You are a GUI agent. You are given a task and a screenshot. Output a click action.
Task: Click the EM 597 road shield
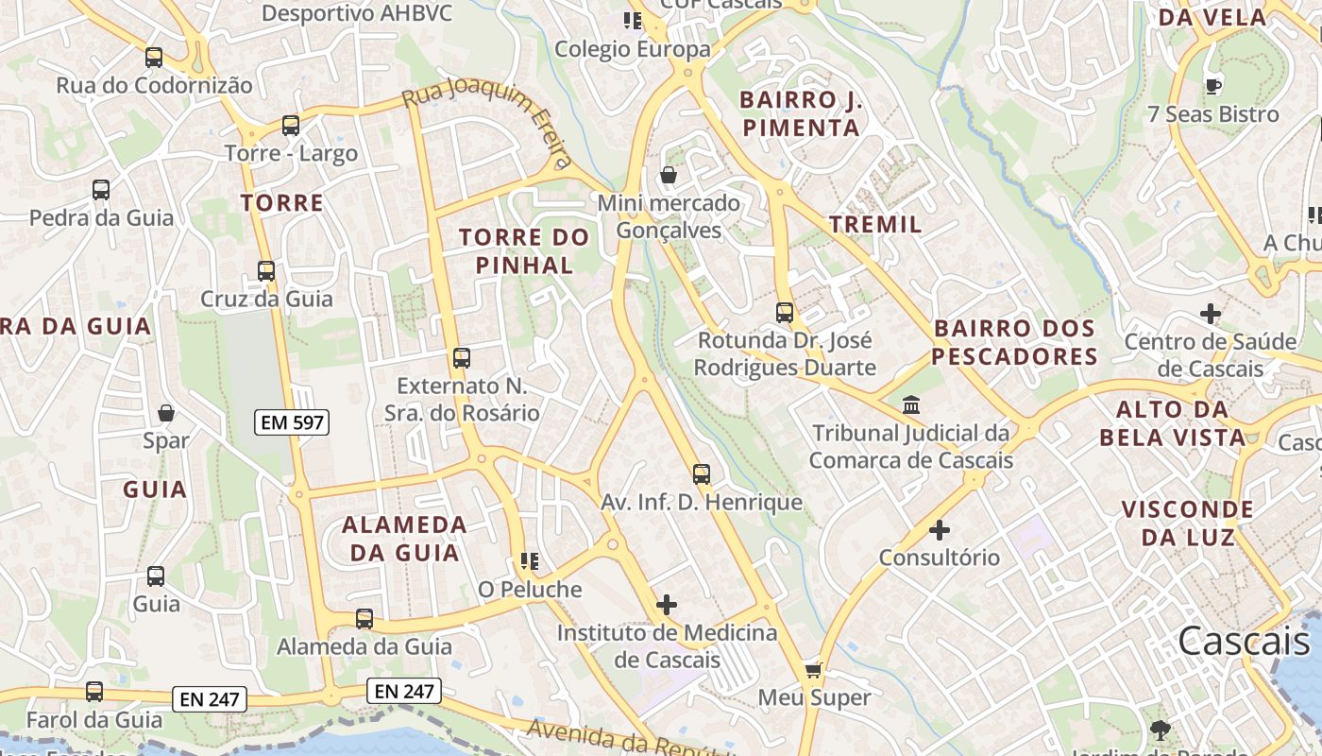(293, 422)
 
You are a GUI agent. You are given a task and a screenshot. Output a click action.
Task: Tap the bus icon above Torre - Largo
(291, 125)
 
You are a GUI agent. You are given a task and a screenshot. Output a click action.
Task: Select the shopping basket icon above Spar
(166, 413)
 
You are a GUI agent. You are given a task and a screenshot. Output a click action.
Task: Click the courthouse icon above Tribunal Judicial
(911, 405)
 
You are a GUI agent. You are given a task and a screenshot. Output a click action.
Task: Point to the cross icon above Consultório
(940, 530)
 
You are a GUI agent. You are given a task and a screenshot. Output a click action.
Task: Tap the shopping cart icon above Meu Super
(814, 670)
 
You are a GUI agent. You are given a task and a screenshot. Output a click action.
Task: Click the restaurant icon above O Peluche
(529, 562)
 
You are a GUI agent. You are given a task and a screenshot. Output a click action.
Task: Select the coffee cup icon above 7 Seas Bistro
(1213, 86)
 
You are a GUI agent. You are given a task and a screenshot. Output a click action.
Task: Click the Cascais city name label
(1243, 641)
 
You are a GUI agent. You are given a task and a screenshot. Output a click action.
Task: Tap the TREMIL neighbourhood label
(875, 224)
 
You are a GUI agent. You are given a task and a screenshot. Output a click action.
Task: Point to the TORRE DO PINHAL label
(524, 250)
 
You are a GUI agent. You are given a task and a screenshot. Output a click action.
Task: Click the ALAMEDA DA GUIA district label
(404, 539)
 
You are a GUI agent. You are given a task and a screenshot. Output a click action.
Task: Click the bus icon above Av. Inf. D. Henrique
(702, 474)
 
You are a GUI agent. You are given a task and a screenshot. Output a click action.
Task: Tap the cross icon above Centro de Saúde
(1211, 314)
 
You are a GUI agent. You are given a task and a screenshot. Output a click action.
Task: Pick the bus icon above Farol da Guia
(94, 692)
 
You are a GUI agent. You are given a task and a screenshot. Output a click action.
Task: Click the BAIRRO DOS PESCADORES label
(1015, 342)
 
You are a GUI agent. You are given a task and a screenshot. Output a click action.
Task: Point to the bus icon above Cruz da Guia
(266, 271)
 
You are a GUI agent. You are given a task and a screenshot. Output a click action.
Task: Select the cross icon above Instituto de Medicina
(667, 605)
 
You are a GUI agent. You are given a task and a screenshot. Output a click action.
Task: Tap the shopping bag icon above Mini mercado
(669, 175)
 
